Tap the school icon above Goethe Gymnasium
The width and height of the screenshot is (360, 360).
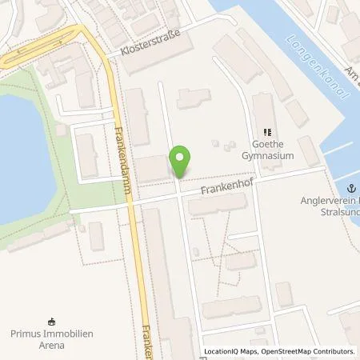[268, 133]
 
